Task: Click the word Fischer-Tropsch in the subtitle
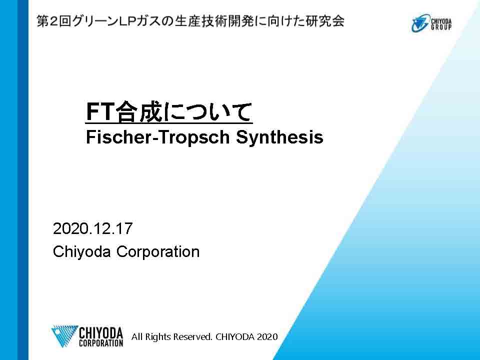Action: [x=157, y=137]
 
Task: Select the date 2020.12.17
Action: [x=93, y=228]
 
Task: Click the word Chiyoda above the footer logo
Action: [x=81, y=252]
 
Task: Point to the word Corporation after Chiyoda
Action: [x=158, y=252]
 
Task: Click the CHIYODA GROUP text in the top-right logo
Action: [x=441, y=23]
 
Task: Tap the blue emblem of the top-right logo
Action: [x=420, y=23]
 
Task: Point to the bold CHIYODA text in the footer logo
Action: [x=101, y=333]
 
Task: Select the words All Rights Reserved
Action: [x=171, y=336]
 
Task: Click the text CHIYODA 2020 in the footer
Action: [x=246, y=336]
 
